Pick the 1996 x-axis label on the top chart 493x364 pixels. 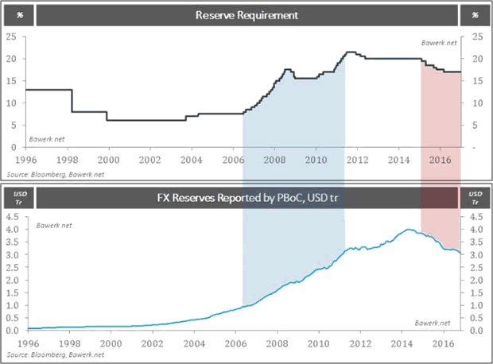click(x=26, y=159)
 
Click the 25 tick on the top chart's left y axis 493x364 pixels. click(x=12, y=37)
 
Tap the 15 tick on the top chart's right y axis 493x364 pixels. click(x=477, y=81)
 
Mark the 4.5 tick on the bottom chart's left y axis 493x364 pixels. click(x=12, y=215)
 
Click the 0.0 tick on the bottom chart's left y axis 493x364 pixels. click(x=12, y=330)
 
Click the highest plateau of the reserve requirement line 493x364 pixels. click(x=349, y=52)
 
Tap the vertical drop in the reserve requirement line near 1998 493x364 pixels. click(x=72, y=101)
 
